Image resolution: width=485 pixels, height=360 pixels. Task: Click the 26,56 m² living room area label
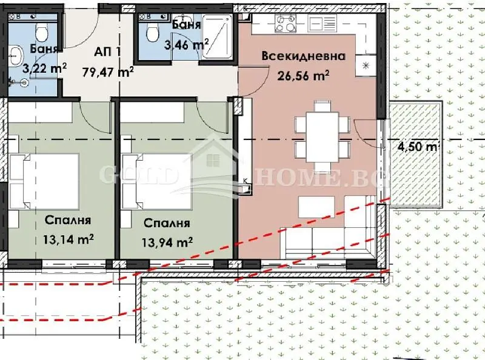(303, 75)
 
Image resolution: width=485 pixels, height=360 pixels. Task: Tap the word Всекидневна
(304, 56)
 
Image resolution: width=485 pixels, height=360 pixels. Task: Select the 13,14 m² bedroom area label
(69, 239)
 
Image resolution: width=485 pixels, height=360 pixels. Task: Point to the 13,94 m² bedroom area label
(167, 242)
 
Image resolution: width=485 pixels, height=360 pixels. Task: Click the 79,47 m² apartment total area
(108, 72)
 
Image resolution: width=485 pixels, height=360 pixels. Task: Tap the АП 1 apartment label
(107, 52)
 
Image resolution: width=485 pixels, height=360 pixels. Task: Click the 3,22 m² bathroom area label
(44, 68)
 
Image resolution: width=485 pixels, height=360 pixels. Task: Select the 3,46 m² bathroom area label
(186, 45)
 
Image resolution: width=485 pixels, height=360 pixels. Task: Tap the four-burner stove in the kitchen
(286, 23)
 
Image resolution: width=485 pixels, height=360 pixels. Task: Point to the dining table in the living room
(323, 137)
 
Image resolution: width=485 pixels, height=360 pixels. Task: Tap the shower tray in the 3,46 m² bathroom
(217, 36)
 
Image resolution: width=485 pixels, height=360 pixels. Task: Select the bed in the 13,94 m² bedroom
(156, 181)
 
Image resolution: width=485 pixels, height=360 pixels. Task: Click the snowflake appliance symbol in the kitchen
(366, 65)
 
